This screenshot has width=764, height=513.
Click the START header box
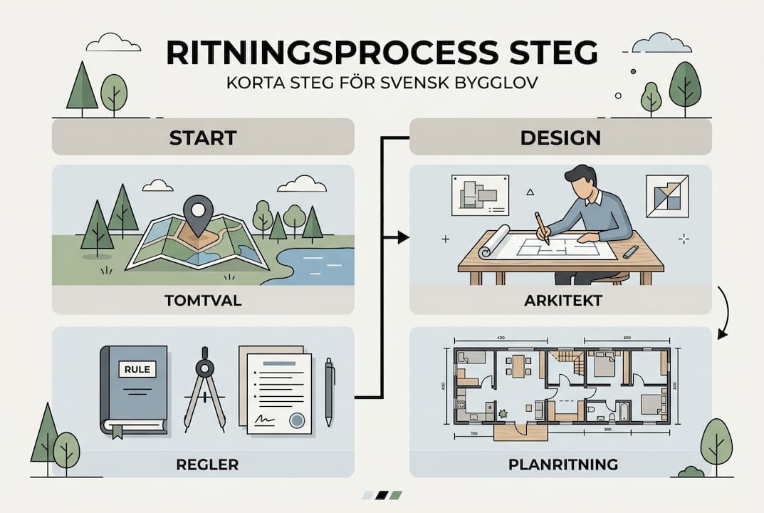(x=202, y=136)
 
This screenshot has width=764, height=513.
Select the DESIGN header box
(x=560, y=136)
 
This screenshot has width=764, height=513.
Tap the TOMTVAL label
(x=203, y=301)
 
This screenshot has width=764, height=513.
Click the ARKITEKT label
(x=560, y=301)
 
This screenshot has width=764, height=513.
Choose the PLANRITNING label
(x=560, y=465)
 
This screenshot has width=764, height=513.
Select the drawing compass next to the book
(x=205, y=388)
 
